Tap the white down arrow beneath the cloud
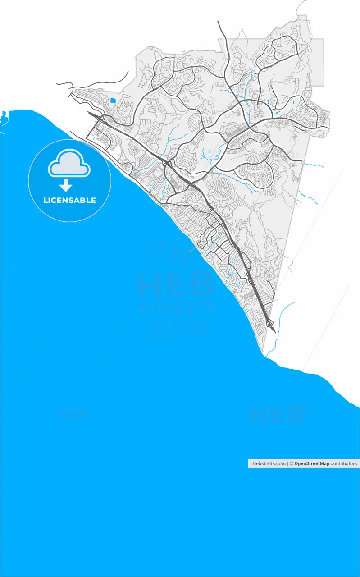66,185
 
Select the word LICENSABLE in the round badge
69,200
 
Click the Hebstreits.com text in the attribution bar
269,463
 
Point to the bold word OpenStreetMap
312,463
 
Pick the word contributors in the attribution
344,463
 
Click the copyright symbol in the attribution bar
292,463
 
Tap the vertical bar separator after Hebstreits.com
287,463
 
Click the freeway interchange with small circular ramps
168,163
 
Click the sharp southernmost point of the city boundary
263,352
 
